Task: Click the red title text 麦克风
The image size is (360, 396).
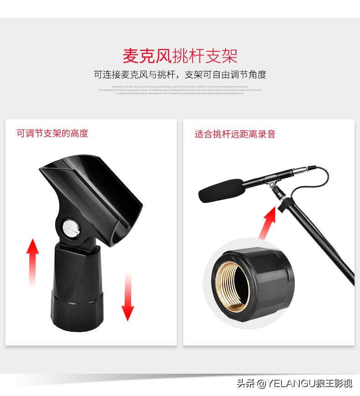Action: [147, 56]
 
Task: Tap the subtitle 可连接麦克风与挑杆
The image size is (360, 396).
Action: [137, 75]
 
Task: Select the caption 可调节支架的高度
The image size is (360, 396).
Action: [52, 133]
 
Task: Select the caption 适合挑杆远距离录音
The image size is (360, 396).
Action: [235, 134]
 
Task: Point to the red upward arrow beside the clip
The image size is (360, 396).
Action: [32, 262]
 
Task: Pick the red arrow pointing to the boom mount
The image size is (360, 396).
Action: [268, 223]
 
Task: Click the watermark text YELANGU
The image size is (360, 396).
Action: [292, 383]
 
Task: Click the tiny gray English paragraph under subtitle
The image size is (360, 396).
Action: [180, 90]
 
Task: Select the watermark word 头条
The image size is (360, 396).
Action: [245, 383]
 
